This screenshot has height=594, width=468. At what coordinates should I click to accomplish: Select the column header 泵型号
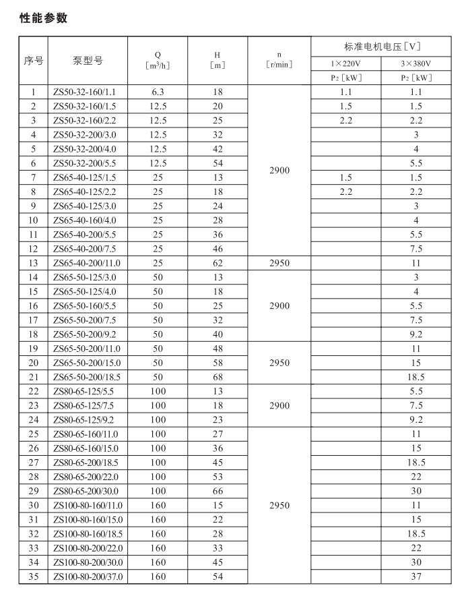point(88,61)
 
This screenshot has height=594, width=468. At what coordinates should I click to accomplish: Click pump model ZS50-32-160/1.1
point(88,92)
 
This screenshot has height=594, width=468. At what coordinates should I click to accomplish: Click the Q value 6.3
point(157,92)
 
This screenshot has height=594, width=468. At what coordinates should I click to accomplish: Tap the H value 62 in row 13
point(217,263)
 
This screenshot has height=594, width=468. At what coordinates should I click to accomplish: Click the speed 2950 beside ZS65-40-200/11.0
point(279,263)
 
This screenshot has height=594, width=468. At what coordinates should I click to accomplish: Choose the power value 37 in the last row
point(416,576)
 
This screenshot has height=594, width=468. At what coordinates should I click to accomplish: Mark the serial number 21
point(33,377)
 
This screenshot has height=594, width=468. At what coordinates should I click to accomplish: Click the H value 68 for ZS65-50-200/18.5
point(217,377)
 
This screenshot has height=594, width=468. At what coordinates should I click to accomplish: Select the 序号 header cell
point(33,61)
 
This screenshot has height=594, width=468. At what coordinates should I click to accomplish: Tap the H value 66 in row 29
point(217,491)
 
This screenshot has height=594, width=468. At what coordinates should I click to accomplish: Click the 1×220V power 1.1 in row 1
point(345,92)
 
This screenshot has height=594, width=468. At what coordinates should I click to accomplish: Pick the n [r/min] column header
point(279,61)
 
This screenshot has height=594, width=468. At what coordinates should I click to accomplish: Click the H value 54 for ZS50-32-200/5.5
point(217,163)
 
